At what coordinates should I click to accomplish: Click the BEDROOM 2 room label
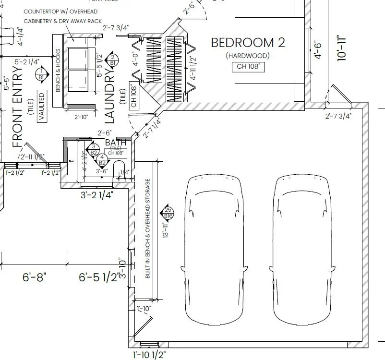tap(248, 43)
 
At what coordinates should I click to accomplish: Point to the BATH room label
tap(115, 143)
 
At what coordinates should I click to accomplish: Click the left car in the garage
tap(214, 250)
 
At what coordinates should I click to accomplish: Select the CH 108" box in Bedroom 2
tap(248, 67)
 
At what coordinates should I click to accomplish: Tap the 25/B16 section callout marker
tap(168, 213)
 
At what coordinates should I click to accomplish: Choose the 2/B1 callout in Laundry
tap(112, 59)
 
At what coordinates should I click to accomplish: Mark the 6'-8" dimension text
tap(34, 277)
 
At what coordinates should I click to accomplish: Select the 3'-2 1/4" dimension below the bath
tap(97, 195)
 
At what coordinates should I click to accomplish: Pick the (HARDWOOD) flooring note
tap(248, 56)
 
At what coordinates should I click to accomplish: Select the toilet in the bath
tap(119, 168)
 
